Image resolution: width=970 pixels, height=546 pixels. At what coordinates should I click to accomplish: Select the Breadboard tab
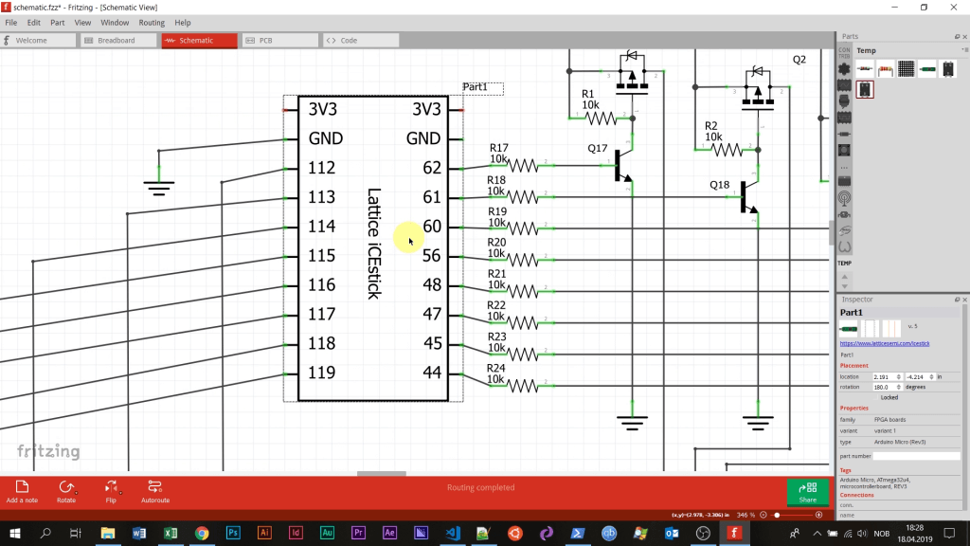point(117,41)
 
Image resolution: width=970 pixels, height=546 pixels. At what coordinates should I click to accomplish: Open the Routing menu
point(152,22)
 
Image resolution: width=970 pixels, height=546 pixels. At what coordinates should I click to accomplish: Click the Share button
point(807,491)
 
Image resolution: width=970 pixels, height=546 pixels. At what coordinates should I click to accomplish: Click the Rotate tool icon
point(66,490)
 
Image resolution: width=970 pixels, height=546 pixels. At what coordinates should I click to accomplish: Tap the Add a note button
point(22,490)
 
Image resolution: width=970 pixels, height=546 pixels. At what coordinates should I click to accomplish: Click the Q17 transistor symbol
point(621,166)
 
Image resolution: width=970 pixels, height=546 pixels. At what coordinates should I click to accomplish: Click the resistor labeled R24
point(522,386)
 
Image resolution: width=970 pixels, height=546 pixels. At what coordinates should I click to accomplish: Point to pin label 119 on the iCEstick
point(322,373)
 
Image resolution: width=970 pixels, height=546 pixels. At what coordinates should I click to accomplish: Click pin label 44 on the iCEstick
point(432,373)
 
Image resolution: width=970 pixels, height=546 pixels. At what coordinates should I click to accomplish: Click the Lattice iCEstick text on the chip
point(373,244)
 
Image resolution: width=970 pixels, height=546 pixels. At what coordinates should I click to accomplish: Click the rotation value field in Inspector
point(887,387)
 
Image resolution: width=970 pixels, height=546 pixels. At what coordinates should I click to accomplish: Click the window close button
point(954,7)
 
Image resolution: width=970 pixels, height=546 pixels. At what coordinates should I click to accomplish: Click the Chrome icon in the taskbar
point(202,534)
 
